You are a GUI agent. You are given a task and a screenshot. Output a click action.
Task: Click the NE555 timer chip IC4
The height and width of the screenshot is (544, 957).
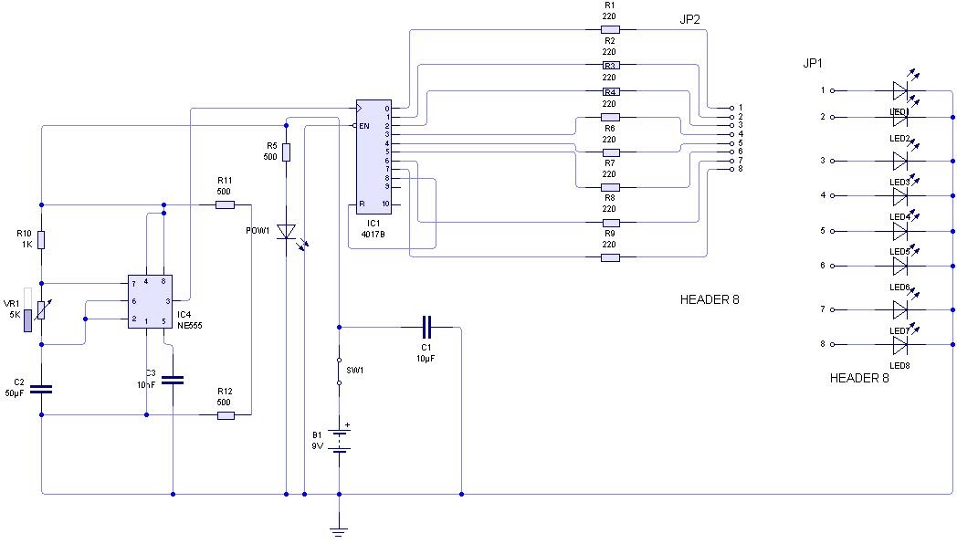click(150, 300)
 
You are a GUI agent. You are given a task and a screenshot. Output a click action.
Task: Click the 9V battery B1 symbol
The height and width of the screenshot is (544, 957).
click(340, 441)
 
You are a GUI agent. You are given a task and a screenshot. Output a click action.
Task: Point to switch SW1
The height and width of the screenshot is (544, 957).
click(339, 370)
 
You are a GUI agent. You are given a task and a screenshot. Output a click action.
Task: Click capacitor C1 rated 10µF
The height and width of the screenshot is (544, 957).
click(426, 326)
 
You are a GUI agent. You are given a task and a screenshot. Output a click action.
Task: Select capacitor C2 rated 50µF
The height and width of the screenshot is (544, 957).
click(42, 389)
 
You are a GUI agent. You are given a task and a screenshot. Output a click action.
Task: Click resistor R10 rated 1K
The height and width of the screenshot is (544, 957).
click(42, 240)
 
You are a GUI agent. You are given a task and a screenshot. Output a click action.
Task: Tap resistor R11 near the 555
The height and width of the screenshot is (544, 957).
click(225, 204)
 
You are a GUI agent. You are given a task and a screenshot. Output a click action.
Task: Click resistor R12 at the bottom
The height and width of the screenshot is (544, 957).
click(225, 415)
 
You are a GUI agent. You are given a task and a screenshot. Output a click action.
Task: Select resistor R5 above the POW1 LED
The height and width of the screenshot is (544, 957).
click(286, 152)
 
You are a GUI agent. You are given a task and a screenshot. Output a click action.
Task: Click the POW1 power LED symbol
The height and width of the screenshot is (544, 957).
click(287, 233)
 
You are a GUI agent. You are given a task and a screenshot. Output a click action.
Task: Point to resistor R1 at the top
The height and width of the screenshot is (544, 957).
click(610, 29)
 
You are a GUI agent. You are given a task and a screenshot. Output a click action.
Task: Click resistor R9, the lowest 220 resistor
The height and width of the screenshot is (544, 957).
click(610, 257)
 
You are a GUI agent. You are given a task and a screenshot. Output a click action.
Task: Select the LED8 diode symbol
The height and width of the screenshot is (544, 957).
click(899, 345)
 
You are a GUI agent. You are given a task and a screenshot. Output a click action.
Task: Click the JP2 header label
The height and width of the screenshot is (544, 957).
click(689, 19)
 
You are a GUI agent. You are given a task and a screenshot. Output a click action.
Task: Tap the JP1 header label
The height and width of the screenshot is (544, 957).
click(813, 63)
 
